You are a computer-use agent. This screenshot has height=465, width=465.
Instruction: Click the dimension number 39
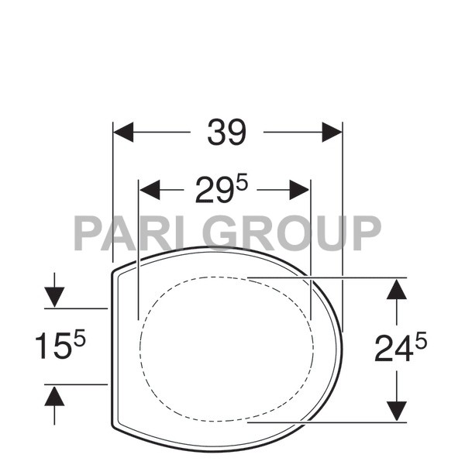(226, 133)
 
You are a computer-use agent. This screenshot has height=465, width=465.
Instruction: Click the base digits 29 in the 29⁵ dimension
(214, 191)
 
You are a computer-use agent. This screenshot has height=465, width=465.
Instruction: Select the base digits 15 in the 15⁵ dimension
(51, 346)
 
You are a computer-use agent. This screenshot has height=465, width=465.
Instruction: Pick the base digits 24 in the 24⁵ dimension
(393, 350)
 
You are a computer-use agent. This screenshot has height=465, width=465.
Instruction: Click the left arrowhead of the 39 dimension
(124, 133)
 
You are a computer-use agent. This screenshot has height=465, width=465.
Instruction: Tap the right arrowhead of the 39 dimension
(332, 133)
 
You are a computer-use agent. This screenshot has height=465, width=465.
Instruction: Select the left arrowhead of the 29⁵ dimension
(150, 189)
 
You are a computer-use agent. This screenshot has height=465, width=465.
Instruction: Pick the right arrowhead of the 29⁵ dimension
(299, 189)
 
